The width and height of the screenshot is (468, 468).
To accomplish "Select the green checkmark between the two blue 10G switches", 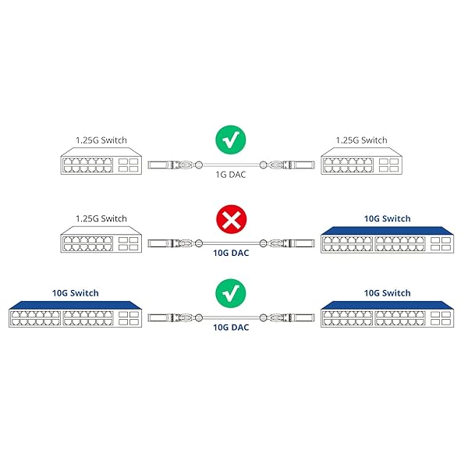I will click(232, 294).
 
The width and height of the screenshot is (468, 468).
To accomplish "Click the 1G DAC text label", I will click(232, 175).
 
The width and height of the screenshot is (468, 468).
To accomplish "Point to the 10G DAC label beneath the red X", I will click(232, 252).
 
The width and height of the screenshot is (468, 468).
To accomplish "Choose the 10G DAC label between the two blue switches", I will click(232, 328).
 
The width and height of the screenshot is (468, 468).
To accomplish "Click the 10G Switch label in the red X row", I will click(387, 218).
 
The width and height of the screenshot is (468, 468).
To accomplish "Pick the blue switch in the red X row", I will click(387, 240).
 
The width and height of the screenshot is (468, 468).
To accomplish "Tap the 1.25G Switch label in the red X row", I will click(101, 218).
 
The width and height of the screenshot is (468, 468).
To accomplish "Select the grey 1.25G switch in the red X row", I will click(101, 242).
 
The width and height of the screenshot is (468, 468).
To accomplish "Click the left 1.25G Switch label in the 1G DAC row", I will click(101, 140).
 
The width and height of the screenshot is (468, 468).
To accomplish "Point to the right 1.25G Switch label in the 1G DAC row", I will click(361, 140).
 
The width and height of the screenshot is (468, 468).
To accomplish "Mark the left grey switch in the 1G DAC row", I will click(101, 163).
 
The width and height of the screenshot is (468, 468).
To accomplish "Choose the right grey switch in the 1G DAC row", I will click(361, 163).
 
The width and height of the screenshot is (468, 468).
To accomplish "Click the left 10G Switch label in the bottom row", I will click(76, 292).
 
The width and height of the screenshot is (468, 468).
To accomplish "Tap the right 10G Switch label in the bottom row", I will click(387, 292).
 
